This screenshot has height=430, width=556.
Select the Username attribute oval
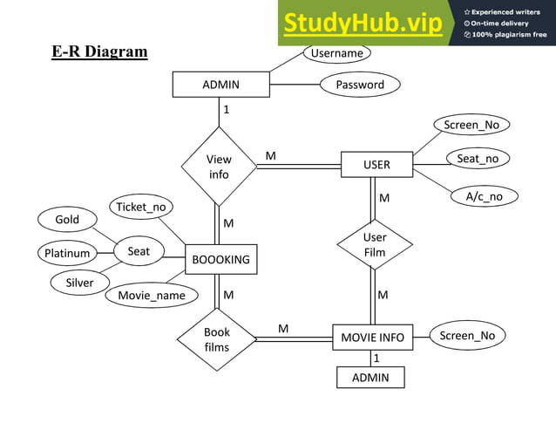pos(336,53)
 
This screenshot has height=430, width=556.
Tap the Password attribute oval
pos(360,85)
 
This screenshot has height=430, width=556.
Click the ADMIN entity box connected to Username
pos(220,85)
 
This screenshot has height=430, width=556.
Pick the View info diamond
pos(219,167)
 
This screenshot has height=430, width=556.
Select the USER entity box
pos(376,164)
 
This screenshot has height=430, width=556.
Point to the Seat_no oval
pos(478,159)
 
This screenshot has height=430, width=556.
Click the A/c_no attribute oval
pos(484,196)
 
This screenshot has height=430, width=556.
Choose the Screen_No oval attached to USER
pos(471,125)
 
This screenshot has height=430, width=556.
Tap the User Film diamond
pos(375,245)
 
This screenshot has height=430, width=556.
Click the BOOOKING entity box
pos(221,259)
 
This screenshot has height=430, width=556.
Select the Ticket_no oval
pos(141,207)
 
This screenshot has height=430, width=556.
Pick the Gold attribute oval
pos(67,220)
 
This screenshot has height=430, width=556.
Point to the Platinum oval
pos(67,254)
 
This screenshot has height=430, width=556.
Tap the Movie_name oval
pos(152,296)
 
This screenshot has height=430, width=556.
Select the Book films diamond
pos(216,339)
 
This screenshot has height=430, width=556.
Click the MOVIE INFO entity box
pos(372,337)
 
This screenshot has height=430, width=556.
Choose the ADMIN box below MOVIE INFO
pos(371,378)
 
